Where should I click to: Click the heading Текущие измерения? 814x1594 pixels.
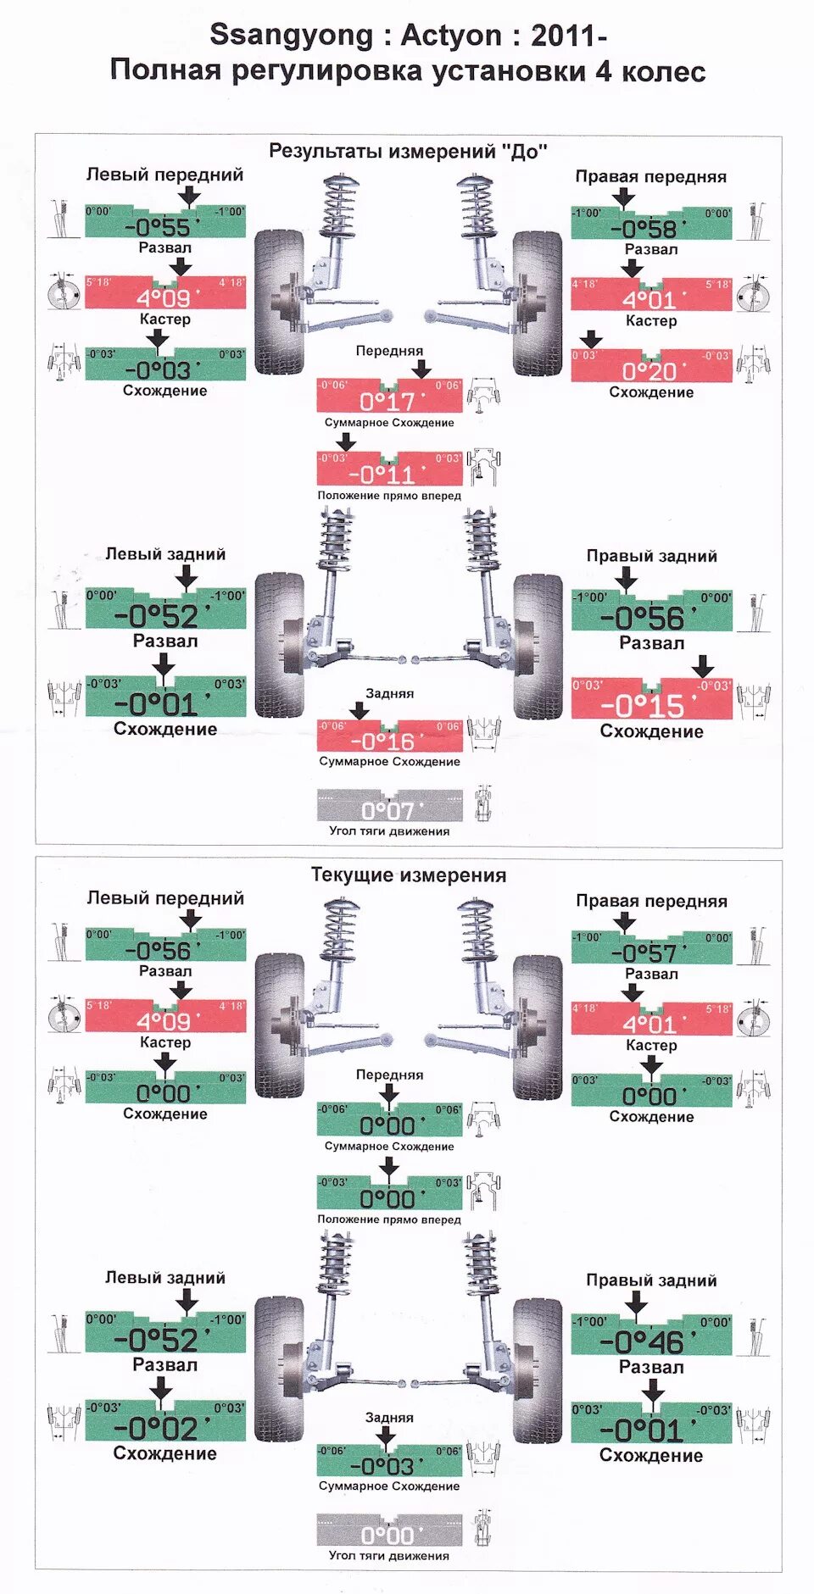pyautogui.click(x=408, y=875)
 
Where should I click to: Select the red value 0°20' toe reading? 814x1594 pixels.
pyautogui.click(x=650, y=371)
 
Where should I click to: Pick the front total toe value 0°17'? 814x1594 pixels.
pyautogui.click(x=387, y=401)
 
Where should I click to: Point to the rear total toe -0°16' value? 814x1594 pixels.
pyautogui.click(x=382, y=741)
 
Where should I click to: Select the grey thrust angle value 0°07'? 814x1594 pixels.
pyautogui.click(x=387, y=811)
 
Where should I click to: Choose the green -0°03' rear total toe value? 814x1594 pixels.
pyautogui.click(x=382, y=1466)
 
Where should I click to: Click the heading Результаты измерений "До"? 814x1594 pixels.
pyautogui.click(x=408, y=152)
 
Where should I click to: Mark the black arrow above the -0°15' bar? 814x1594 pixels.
pyautogui.click(x=702, y=665)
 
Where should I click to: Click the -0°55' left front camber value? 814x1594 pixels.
pyautogui.click(x=159, y=227)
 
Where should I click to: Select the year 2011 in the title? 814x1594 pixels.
pyautogui.click(x=564, y=36)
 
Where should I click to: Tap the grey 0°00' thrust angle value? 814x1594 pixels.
pyautogui.click(x=387, y=1536)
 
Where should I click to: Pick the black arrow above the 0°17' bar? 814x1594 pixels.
pyautogui.click(x=421, y=369)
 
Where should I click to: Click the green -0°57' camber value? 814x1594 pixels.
pyautogui.click(x=644, y=953)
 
